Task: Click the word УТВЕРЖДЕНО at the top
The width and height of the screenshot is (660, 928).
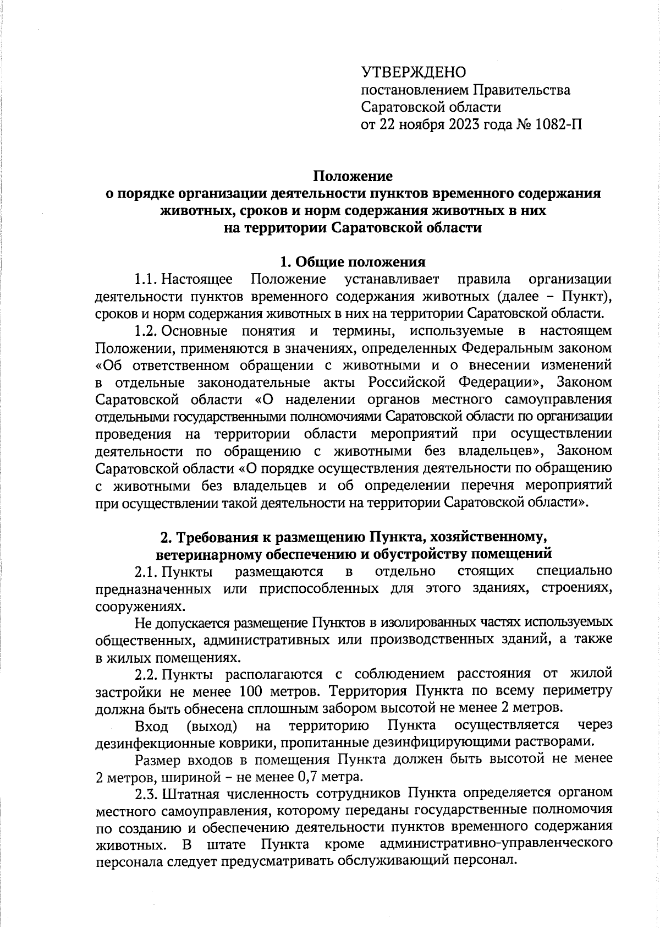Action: (413, 72)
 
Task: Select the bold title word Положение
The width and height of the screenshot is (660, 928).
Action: (353, 176)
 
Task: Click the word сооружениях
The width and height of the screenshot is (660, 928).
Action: (137, 607)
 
